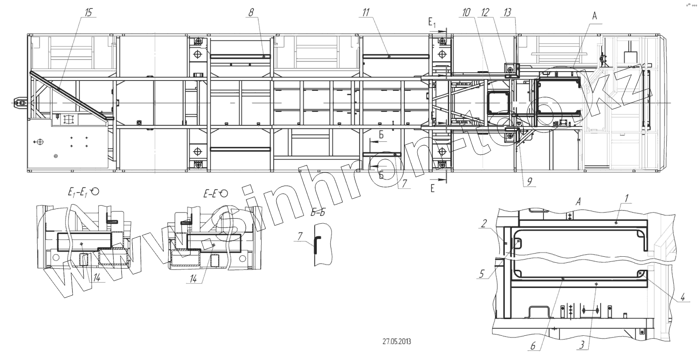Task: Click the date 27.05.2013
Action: (x=396, y=341)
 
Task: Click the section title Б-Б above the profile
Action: (x=318, y=213)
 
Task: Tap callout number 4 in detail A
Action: (x=683, y=297)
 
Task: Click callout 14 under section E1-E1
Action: (x=96, y=278)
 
